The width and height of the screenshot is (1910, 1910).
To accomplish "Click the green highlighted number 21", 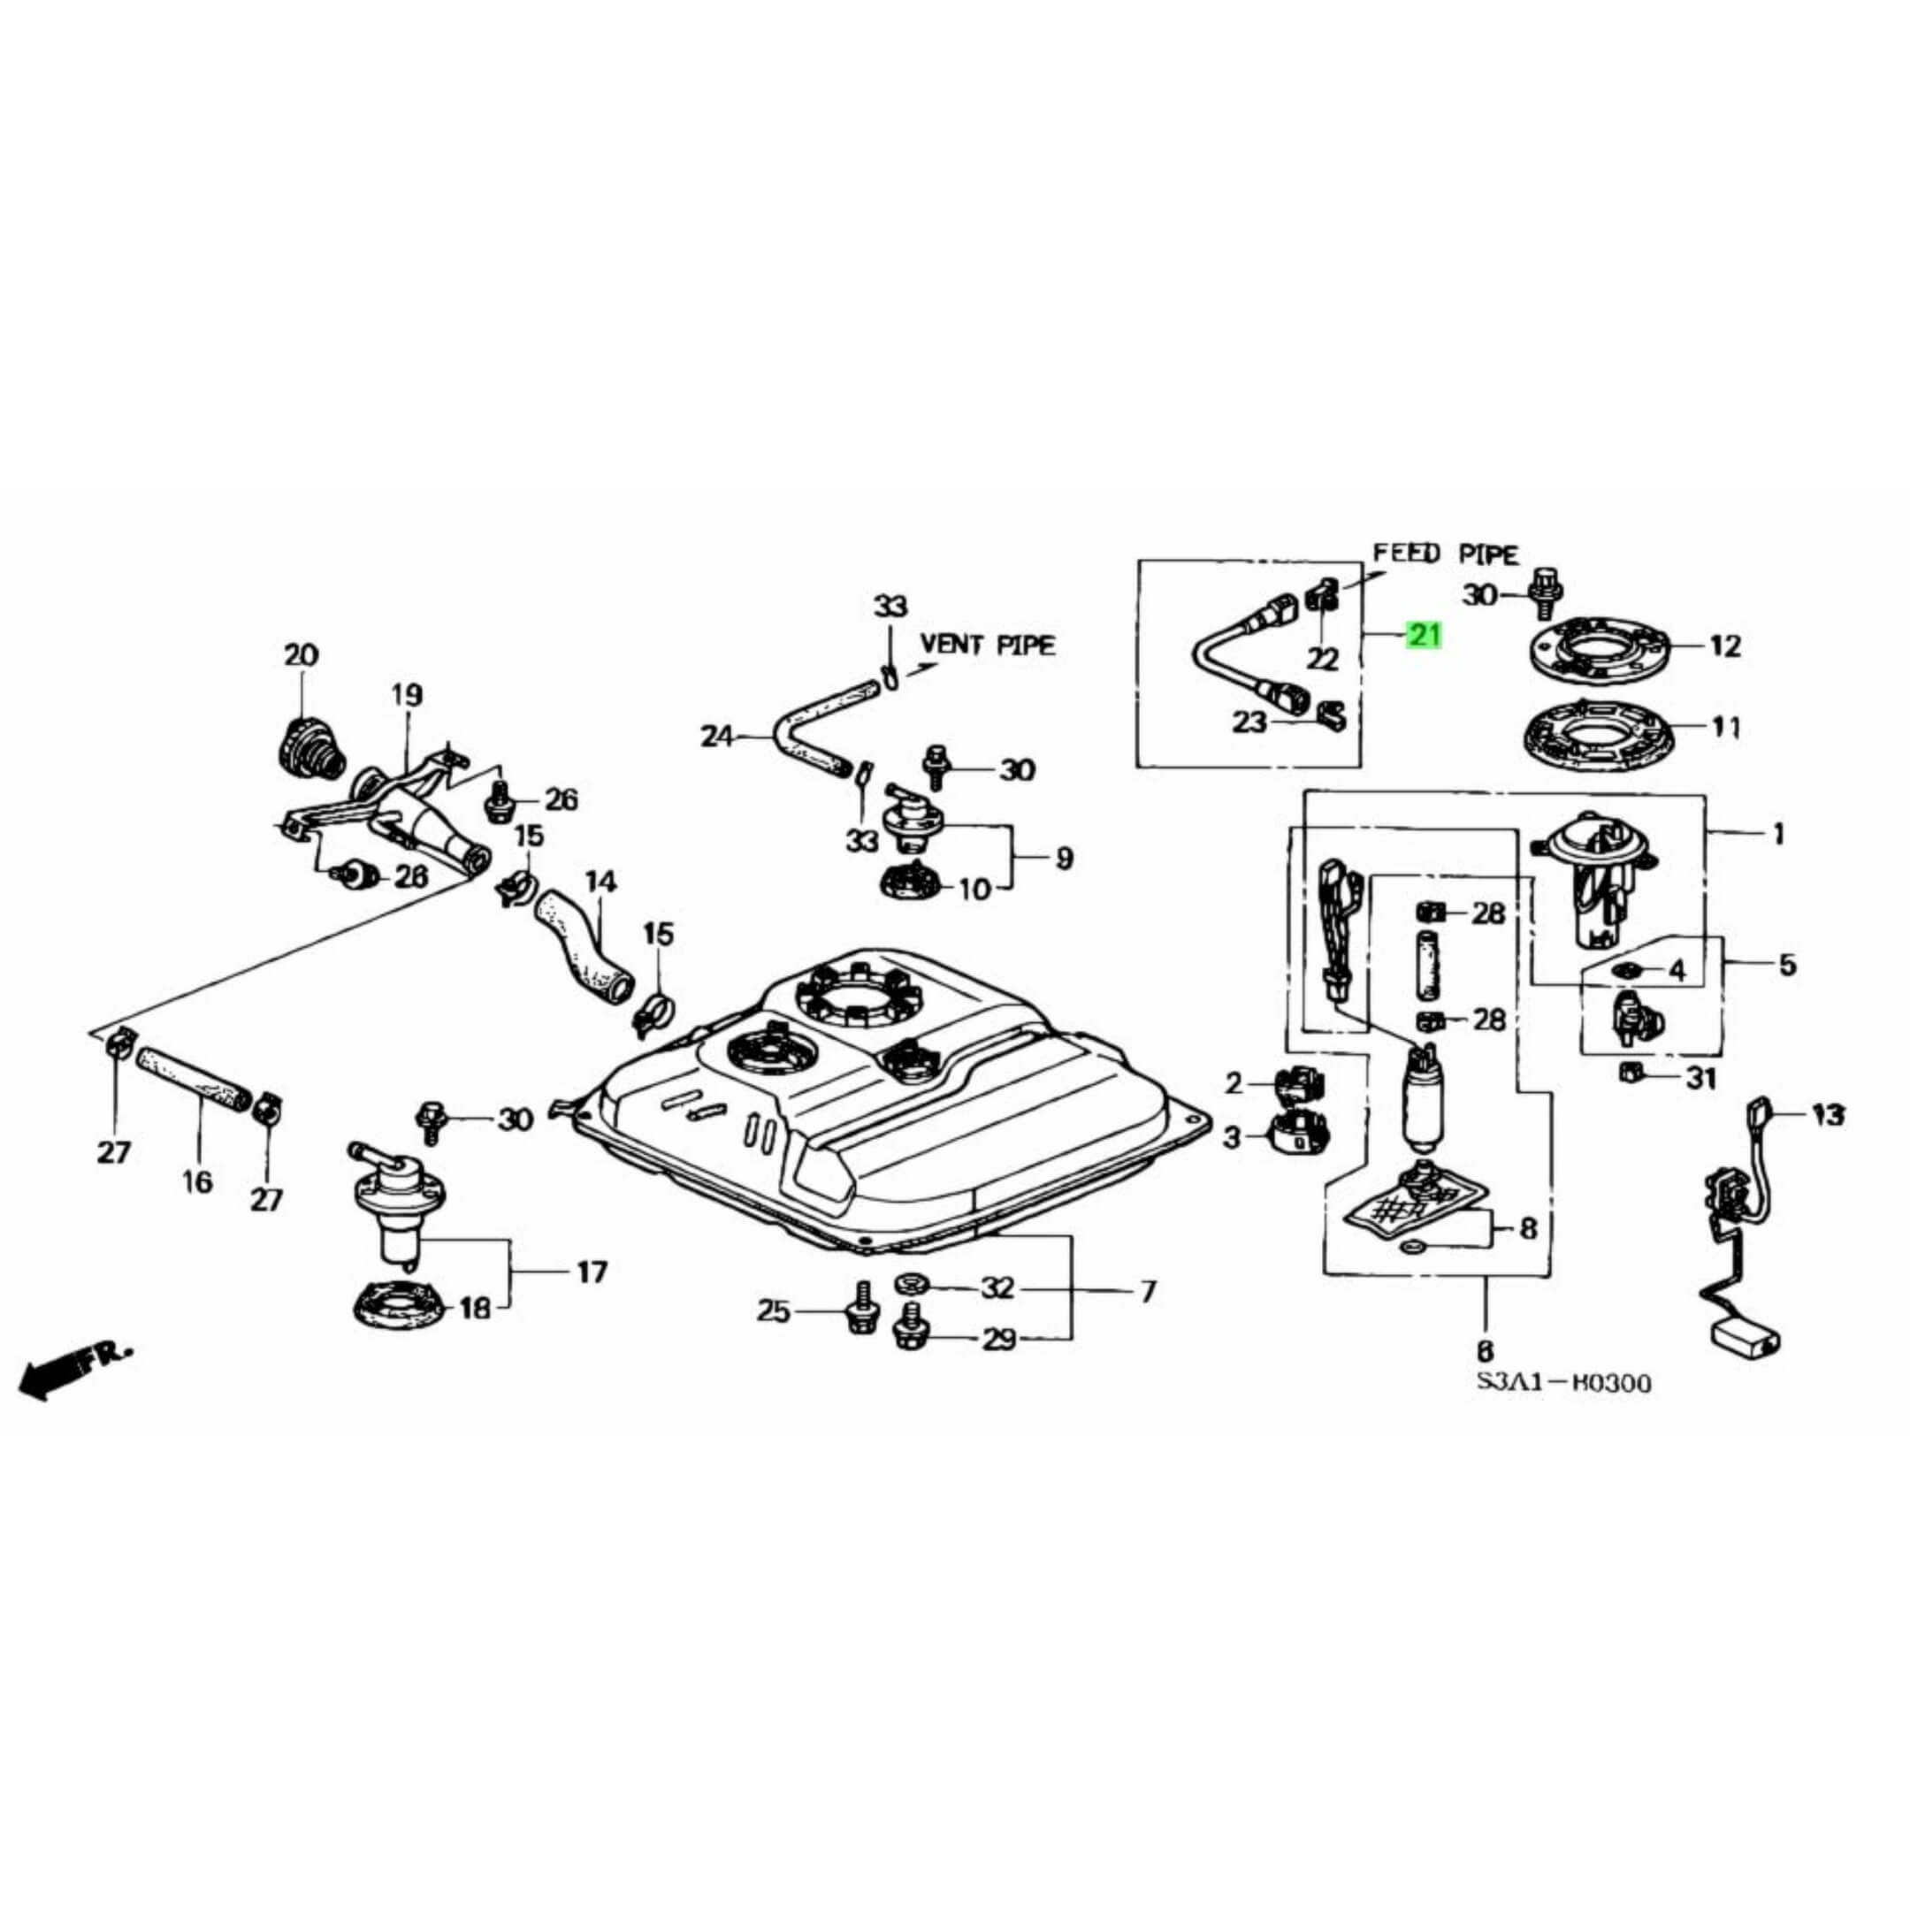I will tap(1425, 635).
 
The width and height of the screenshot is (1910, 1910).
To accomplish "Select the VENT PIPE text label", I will tap(988, 645).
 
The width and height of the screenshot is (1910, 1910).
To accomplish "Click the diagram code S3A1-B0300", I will tap(1564, 1382).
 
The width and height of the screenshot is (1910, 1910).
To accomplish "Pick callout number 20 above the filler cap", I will tap(302, 654).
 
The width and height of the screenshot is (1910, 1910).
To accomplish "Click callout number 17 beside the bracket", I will tap(592, 1272).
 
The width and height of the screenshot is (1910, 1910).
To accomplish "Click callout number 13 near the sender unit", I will tap(1828, 1115).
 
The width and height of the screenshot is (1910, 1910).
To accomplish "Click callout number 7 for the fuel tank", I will tap(1147, 1291).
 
